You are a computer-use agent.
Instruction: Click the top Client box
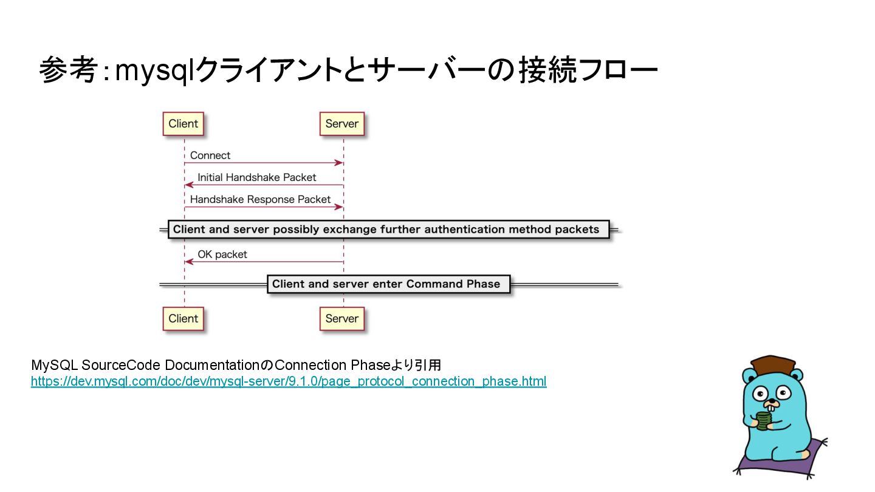[x=183, y=124]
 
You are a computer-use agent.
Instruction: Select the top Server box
[x=341, y=124]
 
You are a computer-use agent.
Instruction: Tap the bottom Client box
[x=183, y=318]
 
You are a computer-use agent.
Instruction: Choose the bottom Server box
[x=341, y=318]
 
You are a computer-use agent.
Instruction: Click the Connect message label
[x=210, y=155]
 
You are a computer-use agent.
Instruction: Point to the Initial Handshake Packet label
[x=257, y=177]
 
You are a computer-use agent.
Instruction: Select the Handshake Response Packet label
[x=260, y=199]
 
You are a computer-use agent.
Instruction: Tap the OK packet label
[x=222, y=255]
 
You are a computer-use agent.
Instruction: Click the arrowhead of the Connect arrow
[x=339, y=163]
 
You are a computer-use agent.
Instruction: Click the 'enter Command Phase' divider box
[x=386, y=284]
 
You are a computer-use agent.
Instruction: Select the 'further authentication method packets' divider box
[x=386, y=230]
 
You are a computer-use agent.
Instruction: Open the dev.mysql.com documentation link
[x=289, y=381]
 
